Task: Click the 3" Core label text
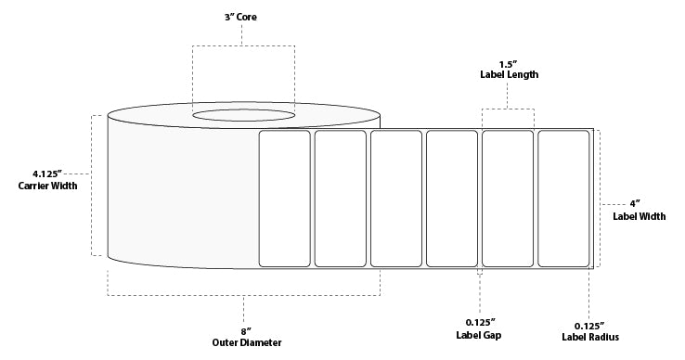(x=243, y=17)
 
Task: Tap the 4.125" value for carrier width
(x=45, y=174)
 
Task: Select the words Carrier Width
(x=47, y=186)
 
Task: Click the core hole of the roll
(x=244, y=116)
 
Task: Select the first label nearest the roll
(x=284, y=199)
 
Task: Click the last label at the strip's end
(x=563, y=199)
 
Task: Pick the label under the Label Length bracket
(x=508, y=199)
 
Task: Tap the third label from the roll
(x=395, y=199)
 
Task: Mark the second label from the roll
(x=340, y=199)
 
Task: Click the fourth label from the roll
(x=452, y=199)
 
